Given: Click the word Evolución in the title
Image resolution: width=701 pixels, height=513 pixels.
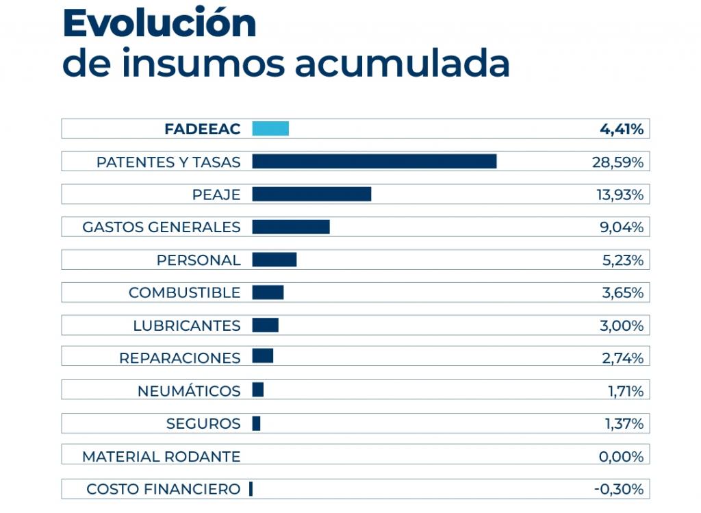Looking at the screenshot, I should coord(160,24).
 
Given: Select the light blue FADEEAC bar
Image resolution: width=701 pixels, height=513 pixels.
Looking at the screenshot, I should coord(270,129).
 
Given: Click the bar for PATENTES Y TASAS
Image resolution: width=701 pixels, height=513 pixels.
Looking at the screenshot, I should coord(374,162).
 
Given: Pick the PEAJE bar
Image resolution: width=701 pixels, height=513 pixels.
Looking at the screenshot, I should coord(311,195).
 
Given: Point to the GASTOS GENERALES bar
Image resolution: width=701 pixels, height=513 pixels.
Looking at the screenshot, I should coord(291,227).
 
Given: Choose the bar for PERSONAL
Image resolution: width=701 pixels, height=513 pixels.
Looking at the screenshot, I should coord(275,260).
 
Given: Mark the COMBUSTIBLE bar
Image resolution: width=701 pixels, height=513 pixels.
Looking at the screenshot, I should coord(268,292).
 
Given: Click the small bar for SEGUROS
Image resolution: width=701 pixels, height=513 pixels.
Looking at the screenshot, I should coord(256,424).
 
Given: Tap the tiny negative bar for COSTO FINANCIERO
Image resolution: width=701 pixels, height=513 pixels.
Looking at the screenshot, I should coord(251,489).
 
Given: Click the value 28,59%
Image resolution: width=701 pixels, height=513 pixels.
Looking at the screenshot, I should coord(617,162).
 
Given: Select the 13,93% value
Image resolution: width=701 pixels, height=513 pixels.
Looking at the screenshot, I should coord(620,195).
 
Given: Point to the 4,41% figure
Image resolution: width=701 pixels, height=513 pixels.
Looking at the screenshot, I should coord(621,129).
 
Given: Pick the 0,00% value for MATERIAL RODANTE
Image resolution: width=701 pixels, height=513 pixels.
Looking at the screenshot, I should coord(621,457).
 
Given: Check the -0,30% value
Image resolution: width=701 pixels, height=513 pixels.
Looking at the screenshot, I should coord(618,489).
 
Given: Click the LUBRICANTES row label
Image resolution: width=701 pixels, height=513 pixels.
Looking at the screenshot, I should coord(187,326).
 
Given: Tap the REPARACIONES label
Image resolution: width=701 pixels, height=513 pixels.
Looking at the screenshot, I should coord(180,358).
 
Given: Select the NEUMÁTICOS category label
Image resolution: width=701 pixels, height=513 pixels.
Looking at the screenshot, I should coord(189,391).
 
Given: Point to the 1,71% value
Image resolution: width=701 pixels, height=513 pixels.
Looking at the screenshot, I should coord(624,391).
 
